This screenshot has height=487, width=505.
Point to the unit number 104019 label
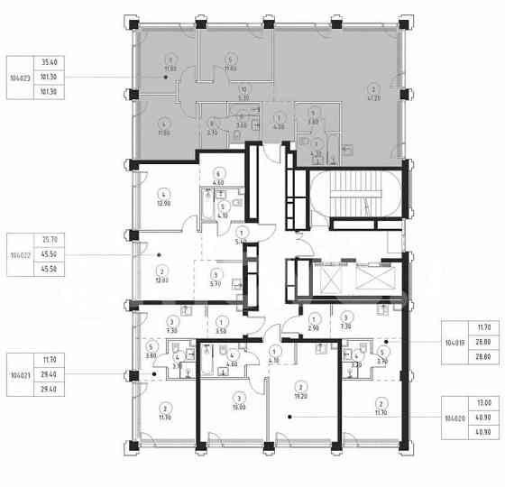(x=454, y=344)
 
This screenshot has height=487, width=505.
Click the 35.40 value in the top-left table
(x=49, y=62)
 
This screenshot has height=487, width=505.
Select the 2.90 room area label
(x=311, y=329)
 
